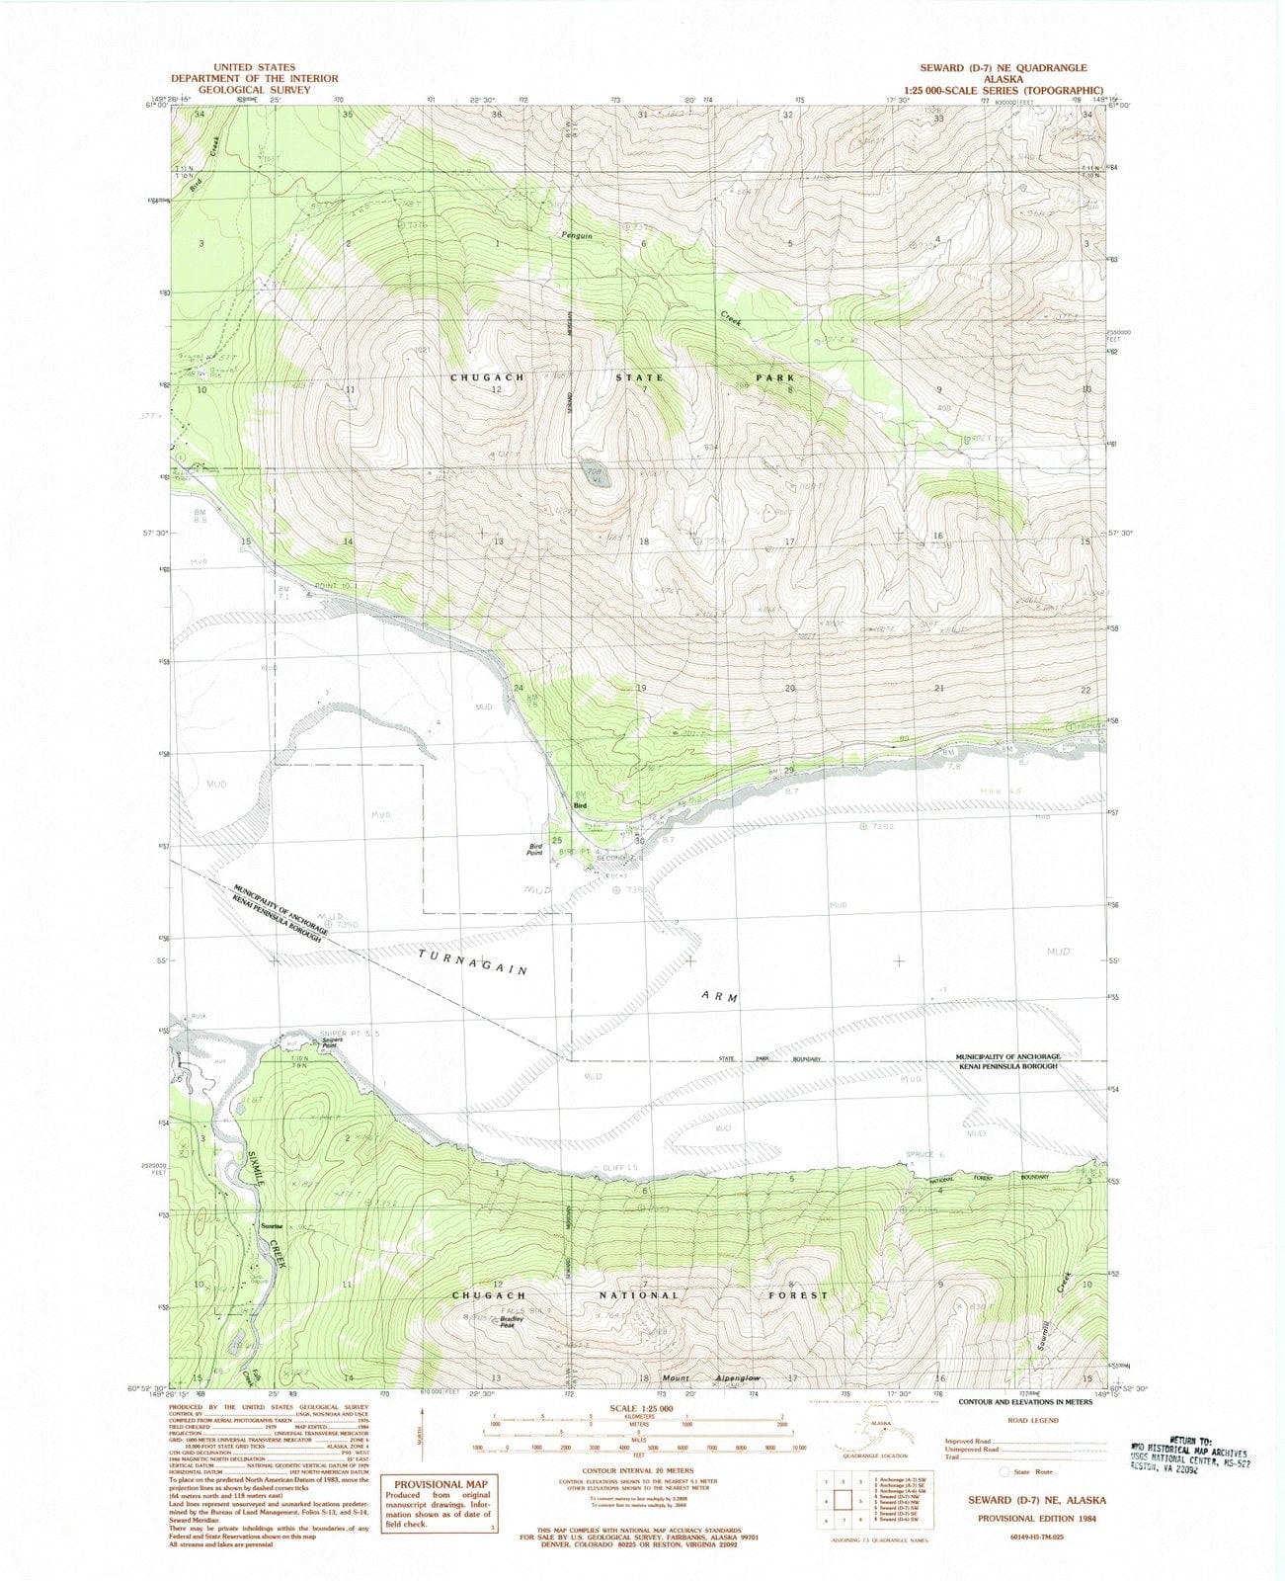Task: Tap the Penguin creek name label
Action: (577, 235)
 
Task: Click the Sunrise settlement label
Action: (272, 1225)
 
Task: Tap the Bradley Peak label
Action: (510, 1322)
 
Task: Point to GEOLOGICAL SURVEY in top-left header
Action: (254, 90)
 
